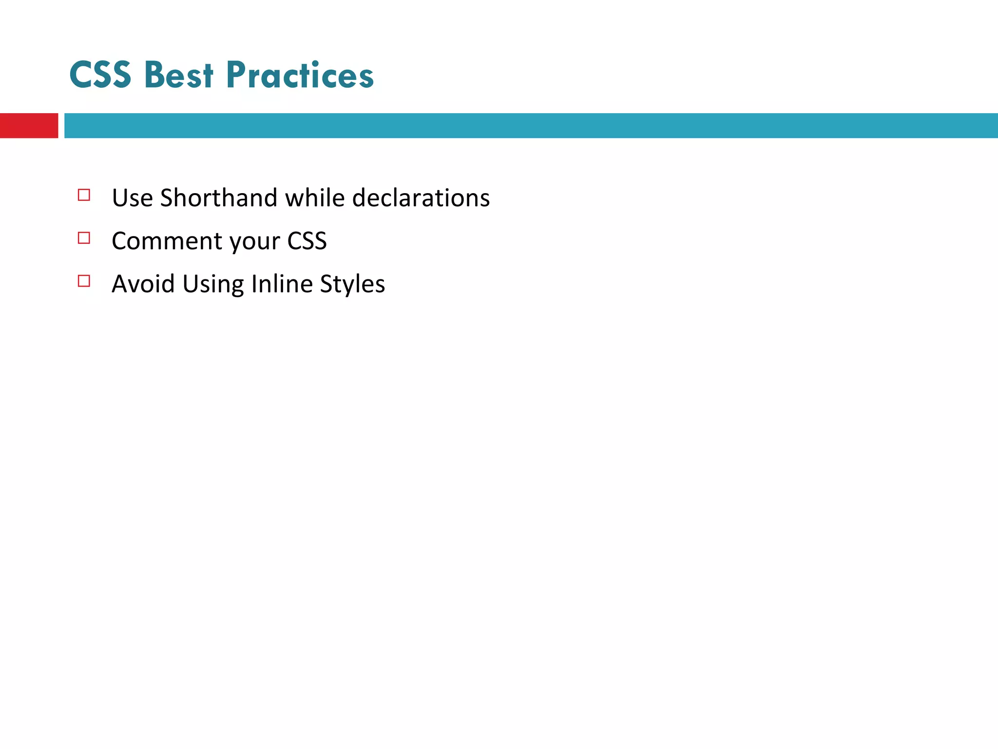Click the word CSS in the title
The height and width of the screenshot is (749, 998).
tap(100, 76)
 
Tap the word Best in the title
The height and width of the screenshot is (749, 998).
tap(179, 76)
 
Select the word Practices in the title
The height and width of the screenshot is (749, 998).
tap(300, 76)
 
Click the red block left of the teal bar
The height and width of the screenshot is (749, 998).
tap(29, 126)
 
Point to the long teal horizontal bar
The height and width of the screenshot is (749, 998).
tap(531, 126)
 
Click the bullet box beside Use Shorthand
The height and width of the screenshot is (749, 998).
tap(84, 195)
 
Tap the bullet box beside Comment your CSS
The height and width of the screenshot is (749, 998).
tap(84, 238)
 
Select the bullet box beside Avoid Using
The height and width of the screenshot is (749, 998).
tap(84, 281)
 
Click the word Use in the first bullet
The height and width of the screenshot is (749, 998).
tap(132, 198)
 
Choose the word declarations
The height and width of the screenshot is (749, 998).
tap(421, 198)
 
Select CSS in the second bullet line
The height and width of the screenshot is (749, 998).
tap(307, 241)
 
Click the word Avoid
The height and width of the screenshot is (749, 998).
tap(143, 284)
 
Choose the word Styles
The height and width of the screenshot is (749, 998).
tap(352, 285)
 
